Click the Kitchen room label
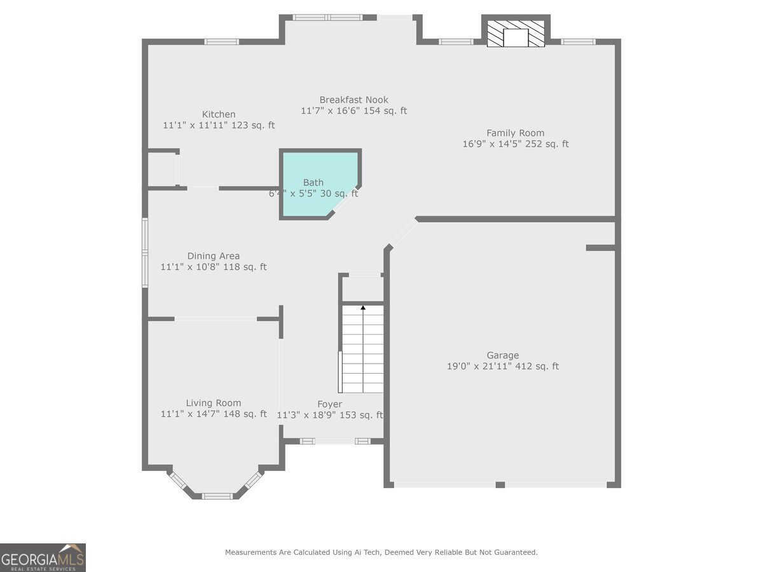click(x=219, y=114)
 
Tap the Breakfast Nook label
click(x=354, y=100)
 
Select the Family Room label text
click(x=515, y=133)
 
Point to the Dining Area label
click(x=213, y=256)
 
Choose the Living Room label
click(x=213, y=403)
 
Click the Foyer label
click(x=329, y=404)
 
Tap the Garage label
click(x=502, y=355)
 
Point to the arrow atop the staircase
click(x=363, y=308)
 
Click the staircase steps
click(x=363, y=350)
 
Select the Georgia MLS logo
click(x=43, y=557)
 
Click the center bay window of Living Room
click(x=218, y=496)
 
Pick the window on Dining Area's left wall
click(x=145, y=253)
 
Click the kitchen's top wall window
click(x=221, y=42)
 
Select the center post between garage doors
click(x=500, y=485)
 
